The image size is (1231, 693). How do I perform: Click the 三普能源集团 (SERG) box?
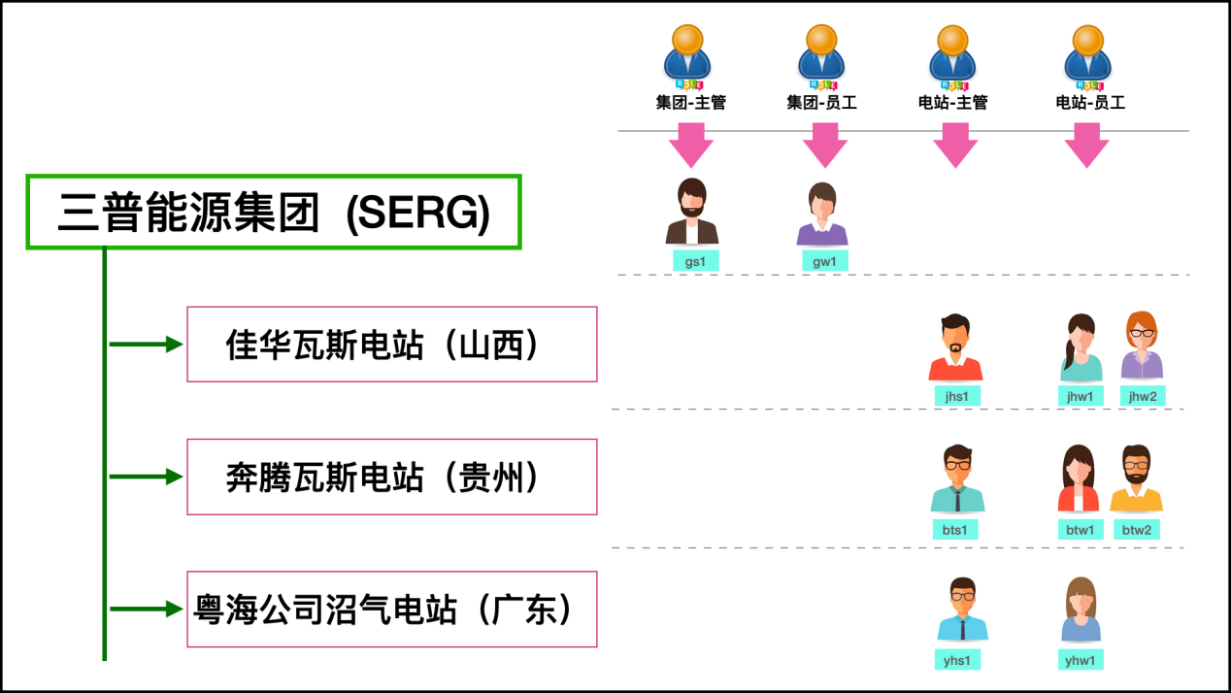click(274, 213)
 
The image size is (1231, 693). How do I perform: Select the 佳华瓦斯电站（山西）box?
click(391, 345)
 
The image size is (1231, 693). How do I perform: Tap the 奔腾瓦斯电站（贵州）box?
click(391, 477)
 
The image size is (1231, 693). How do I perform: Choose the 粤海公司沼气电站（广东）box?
click(391, 610)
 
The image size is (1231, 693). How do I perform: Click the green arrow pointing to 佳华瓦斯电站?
click(146, 345)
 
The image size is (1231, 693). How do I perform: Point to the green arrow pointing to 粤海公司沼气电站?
click(146, 610)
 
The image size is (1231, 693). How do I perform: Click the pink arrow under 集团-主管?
click(691, 145)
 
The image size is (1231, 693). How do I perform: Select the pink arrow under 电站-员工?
click(1087, 145)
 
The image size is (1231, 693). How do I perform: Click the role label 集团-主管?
click(691, 102)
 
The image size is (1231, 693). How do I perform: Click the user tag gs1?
click(695, 260)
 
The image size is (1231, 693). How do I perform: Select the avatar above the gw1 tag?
click(822, 214)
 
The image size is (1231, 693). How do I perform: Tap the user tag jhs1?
click(955, 395)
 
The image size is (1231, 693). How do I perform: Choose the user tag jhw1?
click(1080, 395)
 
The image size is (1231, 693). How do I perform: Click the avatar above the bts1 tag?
click(957, 478)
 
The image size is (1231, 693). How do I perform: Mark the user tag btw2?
click(1137, 529)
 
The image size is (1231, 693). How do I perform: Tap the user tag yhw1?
click(1080, 660)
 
